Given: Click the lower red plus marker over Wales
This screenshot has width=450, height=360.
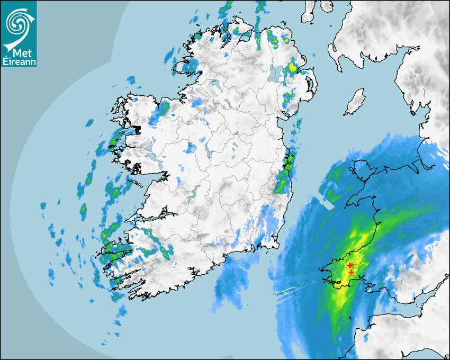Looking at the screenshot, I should (x=352, y=272).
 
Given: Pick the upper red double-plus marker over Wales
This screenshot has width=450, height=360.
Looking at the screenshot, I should (x=350, y=265).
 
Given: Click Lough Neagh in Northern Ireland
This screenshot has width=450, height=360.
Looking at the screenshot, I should (x=275, y=73).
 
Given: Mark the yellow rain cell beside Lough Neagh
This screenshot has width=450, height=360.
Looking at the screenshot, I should (x=292, y=68).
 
